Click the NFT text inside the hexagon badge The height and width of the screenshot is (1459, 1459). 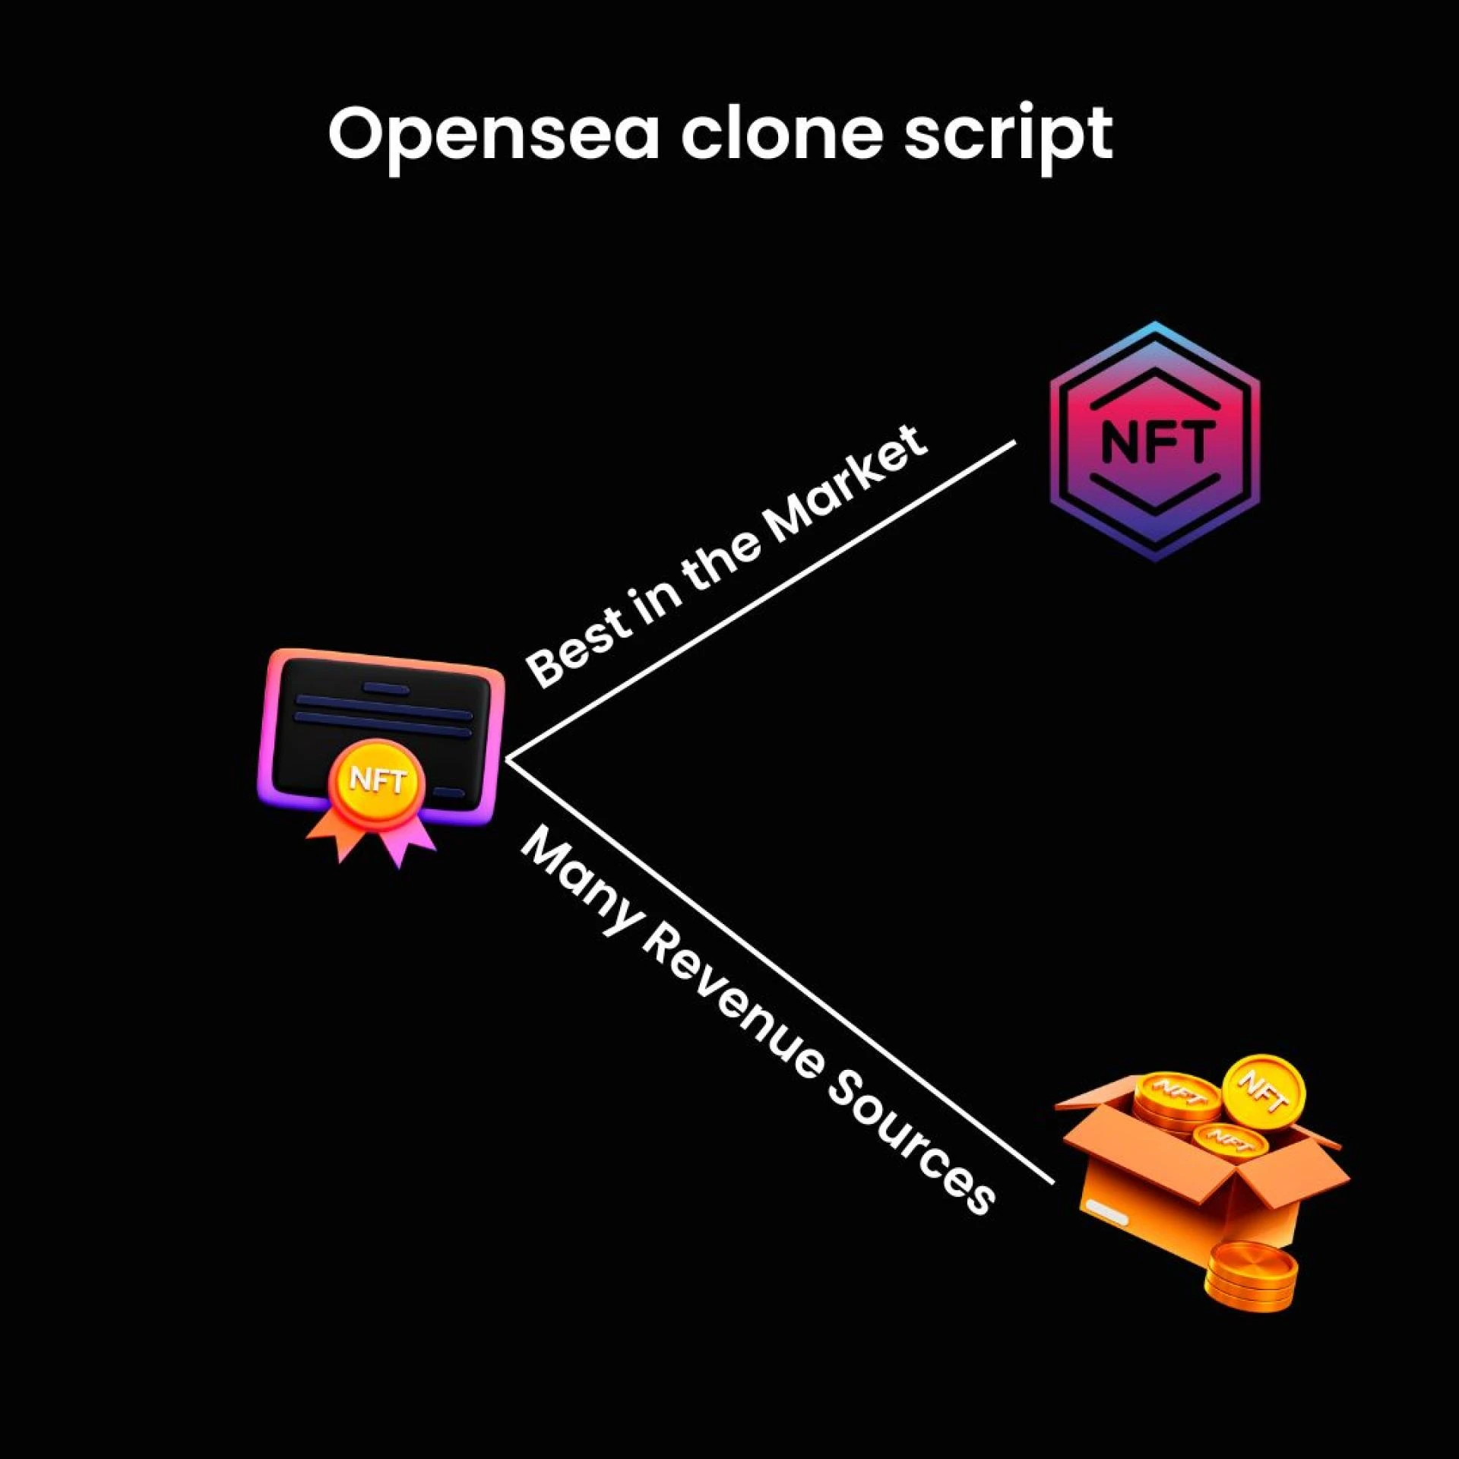(x=1154, y=441)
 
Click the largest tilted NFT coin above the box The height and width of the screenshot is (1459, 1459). (x=1263, y=1092)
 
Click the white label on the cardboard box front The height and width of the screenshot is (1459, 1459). (x=1106, y=1211)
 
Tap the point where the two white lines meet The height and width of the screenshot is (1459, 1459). (x=508, y=758)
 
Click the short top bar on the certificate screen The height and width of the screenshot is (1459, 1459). (x=386, y=688)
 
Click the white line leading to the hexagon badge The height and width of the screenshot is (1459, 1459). (x=760, y=600)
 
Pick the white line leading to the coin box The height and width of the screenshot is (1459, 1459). (x=783, y=973)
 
